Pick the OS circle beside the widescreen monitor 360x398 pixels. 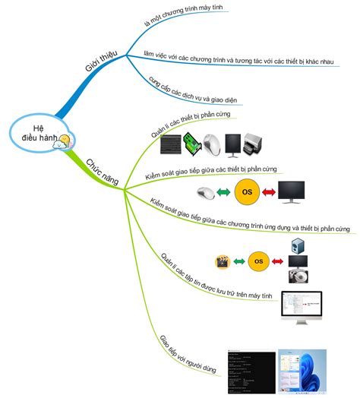(x=246, y=192)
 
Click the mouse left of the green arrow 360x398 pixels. (x=205, y=192)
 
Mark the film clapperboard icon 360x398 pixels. (x=223, y=263)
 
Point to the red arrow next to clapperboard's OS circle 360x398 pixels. (x=278, y=262)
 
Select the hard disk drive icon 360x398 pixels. (x=298, y=279)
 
